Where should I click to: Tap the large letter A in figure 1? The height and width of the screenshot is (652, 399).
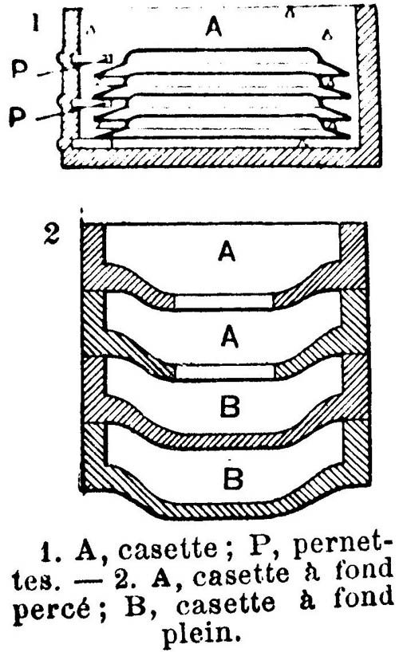214,26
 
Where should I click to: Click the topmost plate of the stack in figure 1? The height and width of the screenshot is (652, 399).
222,62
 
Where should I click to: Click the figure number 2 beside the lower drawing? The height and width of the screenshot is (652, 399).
52,234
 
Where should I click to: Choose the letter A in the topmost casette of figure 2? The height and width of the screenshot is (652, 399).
227,251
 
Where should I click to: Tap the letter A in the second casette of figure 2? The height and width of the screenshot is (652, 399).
230,336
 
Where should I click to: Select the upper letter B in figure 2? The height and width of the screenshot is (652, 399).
230,407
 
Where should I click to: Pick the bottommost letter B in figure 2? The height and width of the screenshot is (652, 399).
233,477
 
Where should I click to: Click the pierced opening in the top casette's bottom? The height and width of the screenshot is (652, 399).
223,301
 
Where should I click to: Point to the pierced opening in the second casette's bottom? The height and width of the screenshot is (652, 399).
225,371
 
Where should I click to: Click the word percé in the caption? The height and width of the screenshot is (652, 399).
55,610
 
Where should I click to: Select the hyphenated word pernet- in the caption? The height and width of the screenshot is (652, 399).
342,548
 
